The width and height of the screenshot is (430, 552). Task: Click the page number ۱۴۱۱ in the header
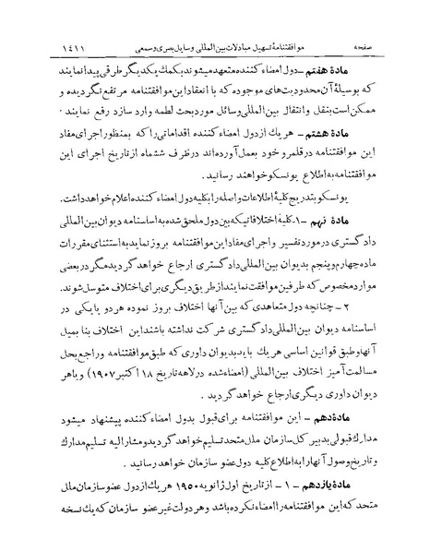pyautogui.click(x=44, y=18)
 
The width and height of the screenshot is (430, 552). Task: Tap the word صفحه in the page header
pyautogui.click(x=388, y=18)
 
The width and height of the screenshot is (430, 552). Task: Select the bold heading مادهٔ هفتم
pyautogui.click(x=381, y=46)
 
